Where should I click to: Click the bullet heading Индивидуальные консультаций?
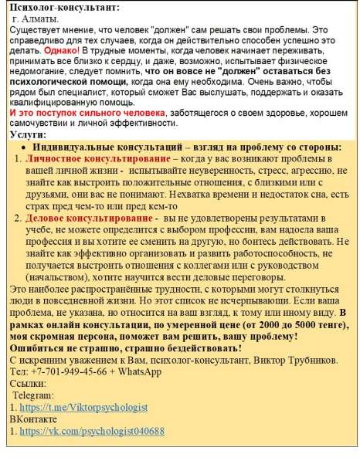109,147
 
